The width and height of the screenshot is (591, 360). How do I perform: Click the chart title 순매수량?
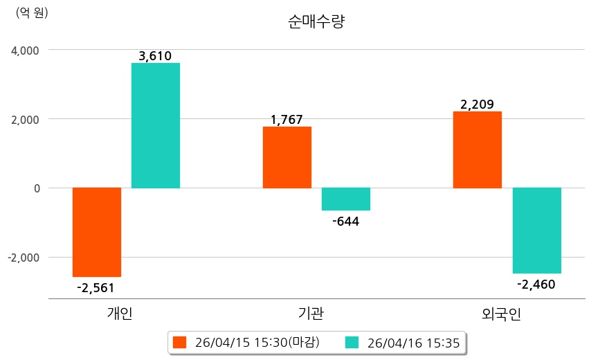pos(316,21)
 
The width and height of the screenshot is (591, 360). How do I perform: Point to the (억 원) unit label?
pos(32,13)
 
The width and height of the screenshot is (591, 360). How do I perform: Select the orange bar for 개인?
pos(97,232)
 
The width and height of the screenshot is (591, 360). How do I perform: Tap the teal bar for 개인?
pos(156,125)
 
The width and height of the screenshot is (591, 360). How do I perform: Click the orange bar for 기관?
pos(287,157)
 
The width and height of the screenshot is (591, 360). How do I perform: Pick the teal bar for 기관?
pos(346,199)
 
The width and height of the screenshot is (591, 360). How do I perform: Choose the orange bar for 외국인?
pos(478,150)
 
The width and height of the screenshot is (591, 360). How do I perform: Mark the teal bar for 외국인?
pos(536,231)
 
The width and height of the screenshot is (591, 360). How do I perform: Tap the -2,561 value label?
pos(96,288)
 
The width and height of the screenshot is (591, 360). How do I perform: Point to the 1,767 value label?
pos(287,120)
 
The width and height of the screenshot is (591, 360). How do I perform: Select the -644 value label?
pos(346,222)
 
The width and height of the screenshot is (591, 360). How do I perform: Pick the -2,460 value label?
pos(536,284)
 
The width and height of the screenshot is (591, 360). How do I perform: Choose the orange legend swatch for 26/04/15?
pos(180,342)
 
